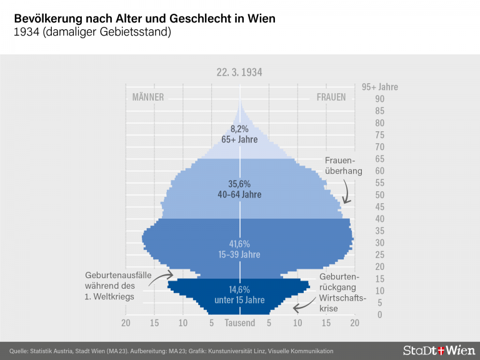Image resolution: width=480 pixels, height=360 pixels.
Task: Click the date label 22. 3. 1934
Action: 239,72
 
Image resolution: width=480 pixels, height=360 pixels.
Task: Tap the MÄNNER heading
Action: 148,97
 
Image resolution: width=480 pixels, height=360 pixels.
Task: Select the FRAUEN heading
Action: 331,97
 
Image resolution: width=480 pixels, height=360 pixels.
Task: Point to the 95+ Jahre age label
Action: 380,87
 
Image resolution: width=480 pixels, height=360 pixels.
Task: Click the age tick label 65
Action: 362,159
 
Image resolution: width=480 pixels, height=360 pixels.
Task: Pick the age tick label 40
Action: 362,219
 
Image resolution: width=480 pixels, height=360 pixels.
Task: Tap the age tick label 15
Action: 362,279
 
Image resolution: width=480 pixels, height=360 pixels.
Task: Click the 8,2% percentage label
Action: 239,129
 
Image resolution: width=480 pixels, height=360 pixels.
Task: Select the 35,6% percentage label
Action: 240,184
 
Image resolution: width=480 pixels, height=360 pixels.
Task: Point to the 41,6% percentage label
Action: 240,244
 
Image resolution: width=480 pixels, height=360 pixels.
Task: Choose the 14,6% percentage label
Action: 240,289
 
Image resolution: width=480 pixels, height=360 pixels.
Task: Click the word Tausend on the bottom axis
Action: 240,323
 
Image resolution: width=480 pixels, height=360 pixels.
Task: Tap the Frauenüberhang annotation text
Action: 339,166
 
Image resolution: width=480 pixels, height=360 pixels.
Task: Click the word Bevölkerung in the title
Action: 47,19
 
